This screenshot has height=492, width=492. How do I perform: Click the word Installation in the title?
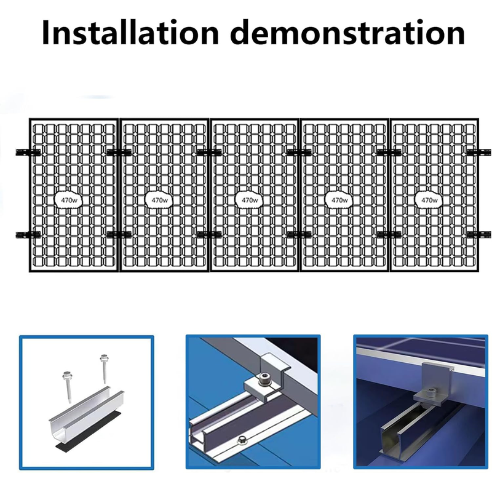coord(130,33)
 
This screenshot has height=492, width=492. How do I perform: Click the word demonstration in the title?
coord(349,33)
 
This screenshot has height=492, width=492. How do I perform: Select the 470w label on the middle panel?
coord(250,200)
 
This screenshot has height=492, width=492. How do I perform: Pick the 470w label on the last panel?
coord(429,200)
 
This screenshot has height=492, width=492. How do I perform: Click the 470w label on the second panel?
coord(160,200)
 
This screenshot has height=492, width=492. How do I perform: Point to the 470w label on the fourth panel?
coord(339,200)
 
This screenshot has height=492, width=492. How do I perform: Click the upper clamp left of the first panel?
coord(28,153)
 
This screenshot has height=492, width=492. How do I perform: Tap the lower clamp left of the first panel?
coord(28,234)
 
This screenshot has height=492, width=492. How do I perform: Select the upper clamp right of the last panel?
coord(479,153)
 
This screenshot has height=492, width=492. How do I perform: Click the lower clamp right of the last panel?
coord(479,234)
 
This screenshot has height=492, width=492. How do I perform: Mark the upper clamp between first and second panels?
coord(119,153)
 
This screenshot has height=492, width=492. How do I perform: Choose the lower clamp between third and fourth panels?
coord(300,234)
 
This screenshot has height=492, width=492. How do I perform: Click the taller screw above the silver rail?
coord(103,368)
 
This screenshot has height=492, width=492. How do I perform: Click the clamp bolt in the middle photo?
coord(263,381)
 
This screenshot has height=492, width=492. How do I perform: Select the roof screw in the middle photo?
coord(242,440)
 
